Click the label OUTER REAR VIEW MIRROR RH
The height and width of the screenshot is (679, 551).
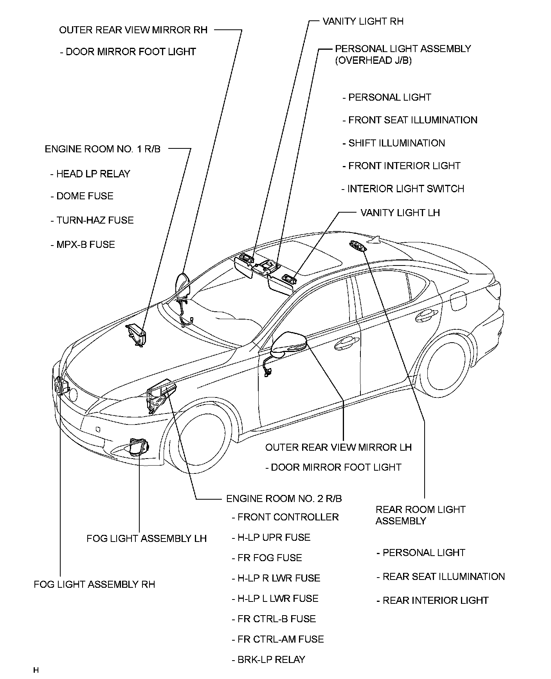click(133, 30)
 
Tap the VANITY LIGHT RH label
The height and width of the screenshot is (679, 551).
click(363, 21)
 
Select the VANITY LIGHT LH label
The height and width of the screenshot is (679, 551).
click(400, 213)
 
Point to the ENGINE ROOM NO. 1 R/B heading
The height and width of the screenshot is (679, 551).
click(103, 149)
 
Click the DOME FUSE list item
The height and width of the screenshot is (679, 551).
click(85, 196)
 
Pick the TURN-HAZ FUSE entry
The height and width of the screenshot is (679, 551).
click(95, 220)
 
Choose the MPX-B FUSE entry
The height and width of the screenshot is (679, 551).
click(85, 245)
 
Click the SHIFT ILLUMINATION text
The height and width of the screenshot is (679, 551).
click(396, 143)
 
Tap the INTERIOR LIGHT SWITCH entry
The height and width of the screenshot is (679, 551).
click(405, 189)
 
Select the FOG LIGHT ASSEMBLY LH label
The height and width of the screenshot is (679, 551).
click(146, 538)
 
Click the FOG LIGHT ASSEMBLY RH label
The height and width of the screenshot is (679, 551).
click(94, 584)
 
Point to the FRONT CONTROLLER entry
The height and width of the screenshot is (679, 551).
click(288, 517)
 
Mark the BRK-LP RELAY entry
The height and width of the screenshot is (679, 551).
click(271, 659)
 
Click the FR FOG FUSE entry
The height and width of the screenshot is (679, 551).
click(270, 558)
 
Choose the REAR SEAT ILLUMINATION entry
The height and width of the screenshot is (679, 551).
click(443, 576)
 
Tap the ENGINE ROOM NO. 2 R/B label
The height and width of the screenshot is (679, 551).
click(284, 498)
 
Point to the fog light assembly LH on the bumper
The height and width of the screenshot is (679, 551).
click(139, 446)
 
